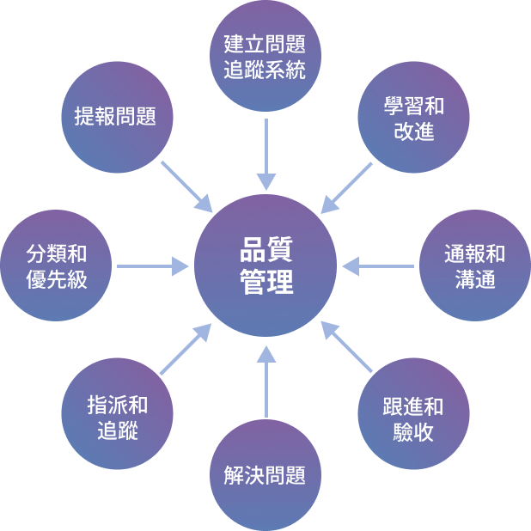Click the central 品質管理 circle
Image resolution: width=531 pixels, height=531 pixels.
pos(265,265)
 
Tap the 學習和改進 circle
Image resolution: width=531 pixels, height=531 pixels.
pos(414,119)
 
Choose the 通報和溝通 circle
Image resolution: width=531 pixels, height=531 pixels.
pos(474,265)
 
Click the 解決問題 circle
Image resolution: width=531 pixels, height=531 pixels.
pos(265,475)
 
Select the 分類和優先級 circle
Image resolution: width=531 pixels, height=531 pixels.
pos(57,265)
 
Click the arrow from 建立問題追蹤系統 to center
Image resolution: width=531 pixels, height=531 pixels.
pos(266,155)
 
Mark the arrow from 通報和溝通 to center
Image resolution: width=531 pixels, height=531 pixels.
pos(378,266)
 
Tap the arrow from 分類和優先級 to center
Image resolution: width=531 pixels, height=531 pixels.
pos(153,266)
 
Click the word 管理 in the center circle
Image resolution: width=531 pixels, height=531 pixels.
pos(265,282)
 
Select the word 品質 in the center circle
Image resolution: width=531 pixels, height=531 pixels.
pos(265,249)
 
